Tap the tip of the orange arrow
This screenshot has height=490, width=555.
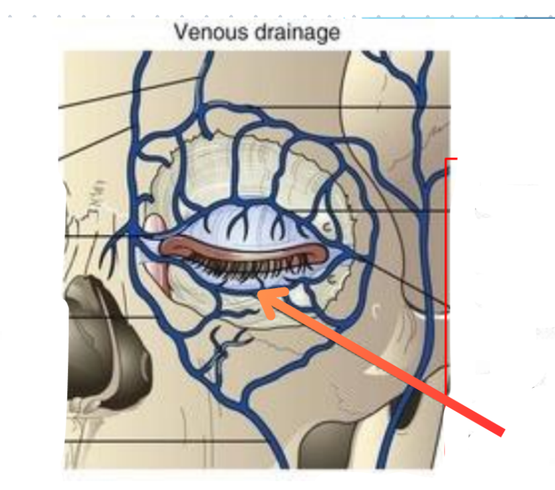[x=263, y=296]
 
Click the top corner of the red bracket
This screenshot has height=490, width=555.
[x=447, y=159]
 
